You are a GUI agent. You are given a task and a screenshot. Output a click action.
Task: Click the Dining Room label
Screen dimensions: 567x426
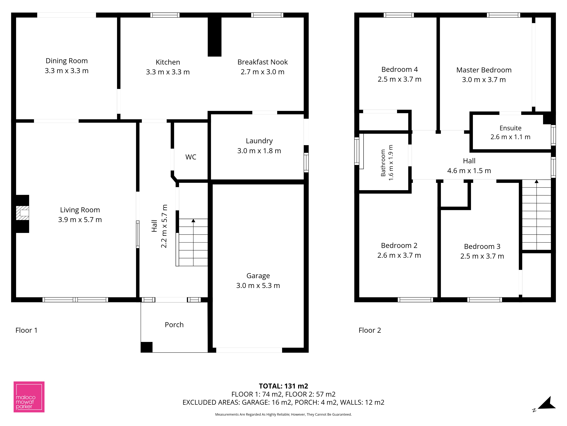[67, 61]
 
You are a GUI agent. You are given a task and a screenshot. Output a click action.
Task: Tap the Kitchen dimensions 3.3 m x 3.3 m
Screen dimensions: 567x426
[168, 72]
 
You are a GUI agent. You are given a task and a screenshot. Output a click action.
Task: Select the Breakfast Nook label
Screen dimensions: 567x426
[263, 62]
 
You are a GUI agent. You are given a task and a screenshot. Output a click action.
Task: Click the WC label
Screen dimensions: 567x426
[191, 157]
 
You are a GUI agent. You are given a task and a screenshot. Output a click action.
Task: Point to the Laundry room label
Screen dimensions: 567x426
[259, 141]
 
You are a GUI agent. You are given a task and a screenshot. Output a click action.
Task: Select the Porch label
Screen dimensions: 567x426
[174, 325]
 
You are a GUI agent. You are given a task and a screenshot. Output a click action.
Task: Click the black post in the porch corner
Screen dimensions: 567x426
[147, 347]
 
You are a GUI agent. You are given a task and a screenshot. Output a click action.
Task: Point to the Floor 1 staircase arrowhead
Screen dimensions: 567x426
[193, 221]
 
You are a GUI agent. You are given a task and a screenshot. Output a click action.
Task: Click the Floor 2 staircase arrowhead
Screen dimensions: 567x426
[537, 181]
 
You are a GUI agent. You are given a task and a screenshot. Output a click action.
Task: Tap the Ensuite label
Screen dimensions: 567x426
[510, 128]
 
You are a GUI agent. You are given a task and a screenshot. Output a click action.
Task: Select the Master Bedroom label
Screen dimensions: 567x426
[484, 70]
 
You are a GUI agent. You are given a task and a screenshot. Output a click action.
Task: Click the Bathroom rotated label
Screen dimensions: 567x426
[383, 163]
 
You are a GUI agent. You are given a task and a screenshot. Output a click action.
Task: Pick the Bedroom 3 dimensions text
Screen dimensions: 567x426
[482, 256]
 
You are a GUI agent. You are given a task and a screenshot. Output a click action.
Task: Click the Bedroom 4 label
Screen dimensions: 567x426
[399, 70]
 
